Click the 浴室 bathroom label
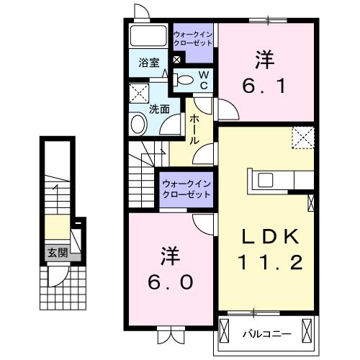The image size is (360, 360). [x=150, y=63]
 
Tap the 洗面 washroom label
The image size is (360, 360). [x=159, y=109]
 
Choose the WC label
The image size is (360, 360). [x=204, y=80]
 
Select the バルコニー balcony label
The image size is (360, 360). [x=266, y=333]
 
